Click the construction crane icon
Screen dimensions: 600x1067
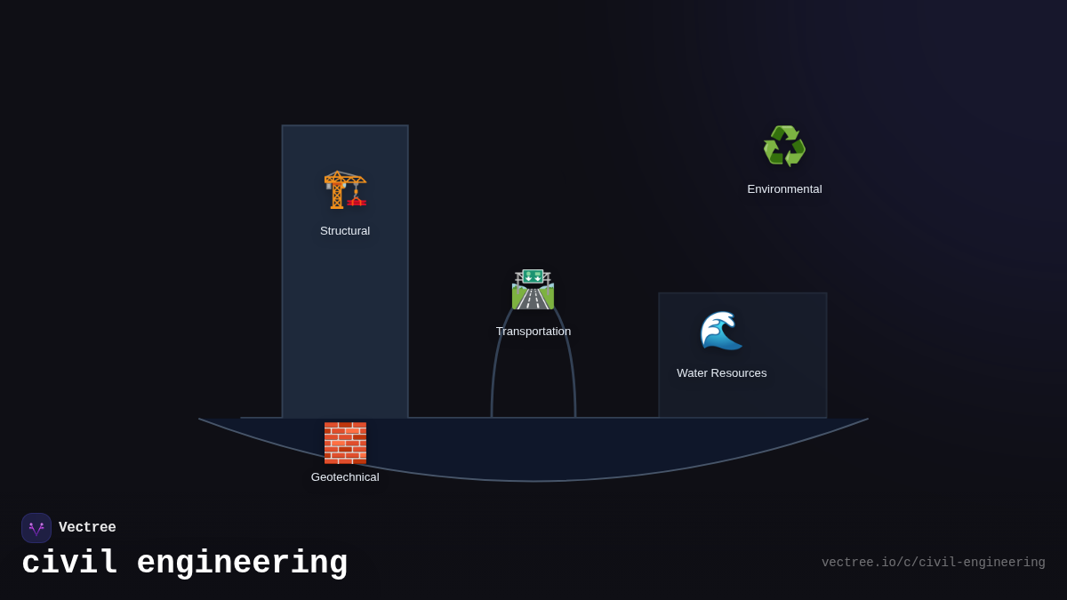pos(344,188)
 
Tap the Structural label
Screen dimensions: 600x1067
pos(345,231)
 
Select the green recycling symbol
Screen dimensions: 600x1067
pos(784,147)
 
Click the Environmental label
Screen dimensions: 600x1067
pos(784,189)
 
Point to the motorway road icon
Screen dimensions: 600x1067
pos(533,290)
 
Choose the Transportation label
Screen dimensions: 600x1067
pos(533,332)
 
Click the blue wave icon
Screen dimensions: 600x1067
pos(721,331)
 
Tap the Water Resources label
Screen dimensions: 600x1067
pos(721,373)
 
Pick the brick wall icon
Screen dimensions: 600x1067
pos(345,443)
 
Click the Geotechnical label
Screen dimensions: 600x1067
pos(345,477)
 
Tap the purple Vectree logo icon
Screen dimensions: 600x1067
pos(36,528)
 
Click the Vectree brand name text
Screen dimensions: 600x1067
pos(87,528)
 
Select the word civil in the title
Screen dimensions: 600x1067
pos(69,564)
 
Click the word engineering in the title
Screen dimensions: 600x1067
pos(242,564)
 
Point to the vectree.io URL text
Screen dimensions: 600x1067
pos(933,563)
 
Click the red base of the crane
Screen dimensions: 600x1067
pos(356,203)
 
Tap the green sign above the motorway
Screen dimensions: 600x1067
pos(533,276)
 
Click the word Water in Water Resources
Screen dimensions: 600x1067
pos(694,373)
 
